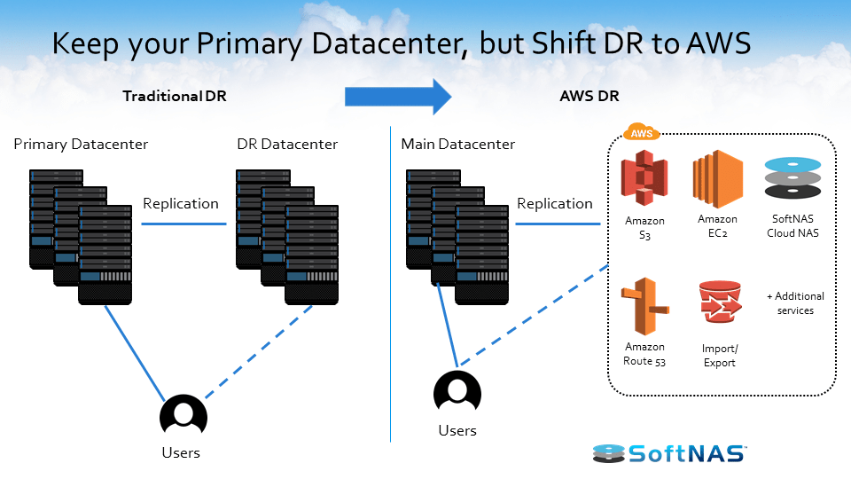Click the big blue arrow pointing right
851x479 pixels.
[x=398, y=96]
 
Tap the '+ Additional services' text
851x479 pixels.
[x=795, y=303]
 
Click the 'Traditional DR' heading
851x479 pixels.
[x=175, y=96]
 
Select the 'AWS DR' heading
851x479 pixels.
[x=589, y=96]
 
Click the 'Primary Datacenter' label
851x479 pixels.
[x=81, y=144]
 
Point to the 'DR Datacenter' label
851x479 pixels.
[x=287, y=144]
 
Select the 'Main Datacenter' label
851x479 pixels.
[x=457, y=144]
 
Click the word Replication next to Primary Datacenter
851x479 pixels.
[x=181, y=203]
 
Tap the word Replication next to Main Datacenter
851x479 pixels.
[x=555, y=203]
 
